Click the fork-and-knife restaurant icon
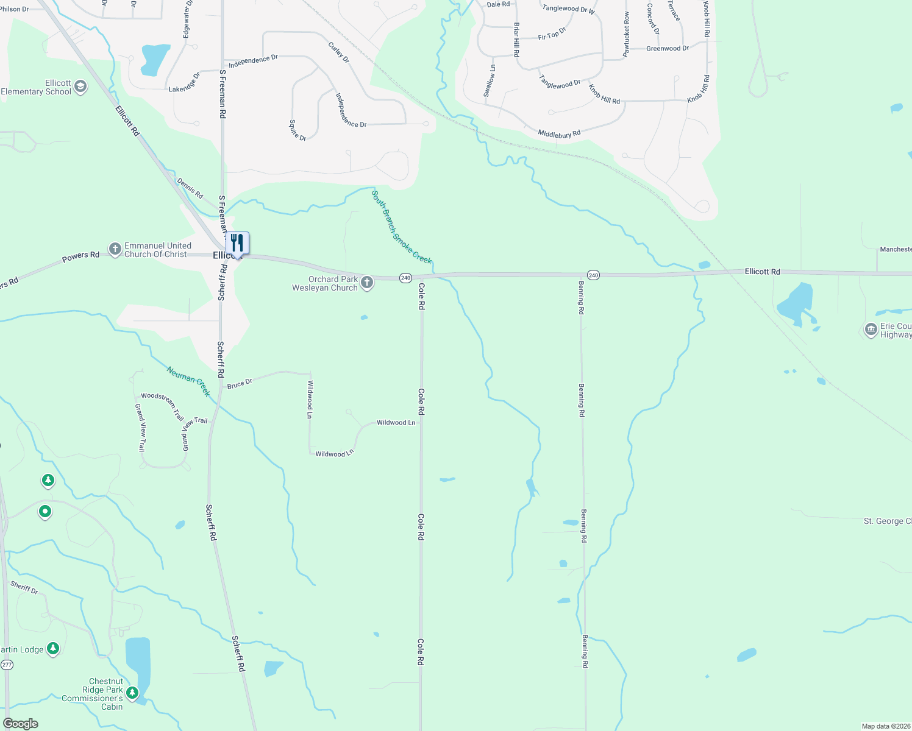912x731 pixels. coord(237,243)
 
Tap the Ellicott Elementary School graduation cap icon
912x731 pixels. coord(80,88)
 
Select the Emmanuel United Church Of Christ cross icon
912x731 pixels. coord(115,249)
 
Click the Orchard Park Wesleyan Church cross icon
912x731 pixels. coord(366,283)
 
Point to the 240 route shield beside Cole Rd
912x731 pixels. coord(405,278)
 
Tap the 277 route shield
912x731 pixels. coord(7,665)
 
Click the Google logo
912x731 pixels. coord(20,724)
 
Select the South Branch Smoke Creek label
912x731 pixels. coord(402,227)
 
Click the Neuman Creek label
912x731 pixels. coord(188,381)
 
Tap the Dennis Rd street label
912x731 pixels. coord(190,188)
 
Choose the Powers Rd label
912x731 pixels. coord(80,256)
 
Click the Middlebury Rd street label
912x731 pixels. coord(559,133)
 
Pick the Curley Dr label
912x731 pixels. coord(338,52)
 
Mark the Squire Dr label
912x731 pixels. coord(297,130)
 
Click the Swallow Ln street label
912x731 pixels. coord(490,81)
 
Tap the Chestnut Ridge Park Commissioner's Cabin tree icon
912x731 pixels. coord(132,693)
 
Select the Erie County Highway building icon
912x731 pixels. coord(871,330)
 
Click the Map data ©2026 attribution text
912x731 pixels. coord(886,726)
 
